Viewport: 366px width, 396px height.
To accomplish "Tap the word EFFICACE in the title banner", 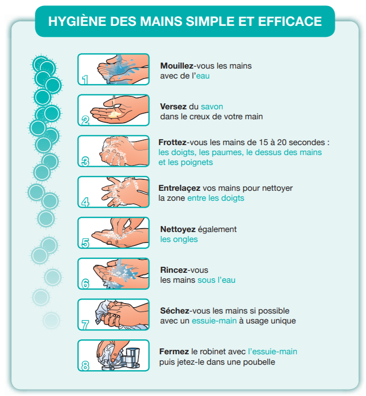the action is (x=290, y=21).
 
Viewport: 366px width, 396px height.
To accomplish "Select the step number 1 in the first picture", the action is (x=85, y=79).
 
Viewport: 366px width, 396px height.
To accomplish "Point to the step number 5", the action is (x=86, y=243).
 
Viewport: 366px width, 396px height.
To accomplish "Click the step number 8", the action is (x=86, y=366).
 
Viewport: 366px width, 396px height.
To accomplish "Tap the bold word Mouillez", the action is (x=177, y=66).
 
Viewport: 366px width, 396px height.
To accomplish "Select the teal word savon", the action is (x=212, y=106).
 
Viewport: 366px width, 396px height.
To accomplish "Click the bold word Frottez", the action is (x=172, y=143).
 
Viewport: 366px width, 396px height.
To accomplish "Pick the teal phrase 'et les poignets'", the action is (x=186, y=162).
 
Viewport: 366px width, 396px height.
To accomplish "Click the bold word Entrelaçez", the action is (x=179, y=188).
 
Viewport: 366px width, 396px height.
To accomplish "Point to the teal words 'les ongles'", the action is (x=179, y=239).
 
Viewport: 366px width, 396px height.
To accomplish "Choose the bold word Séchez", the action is (x=175, y=311).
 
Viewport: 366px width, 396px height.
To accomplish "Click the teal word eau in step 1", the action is (x=203, y=76).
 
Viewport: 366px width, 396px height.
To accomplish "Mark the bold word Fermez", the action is (x=174, y=352).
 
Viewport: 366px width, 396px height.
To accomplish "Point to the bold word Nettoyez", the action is (x=178, y=230).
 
